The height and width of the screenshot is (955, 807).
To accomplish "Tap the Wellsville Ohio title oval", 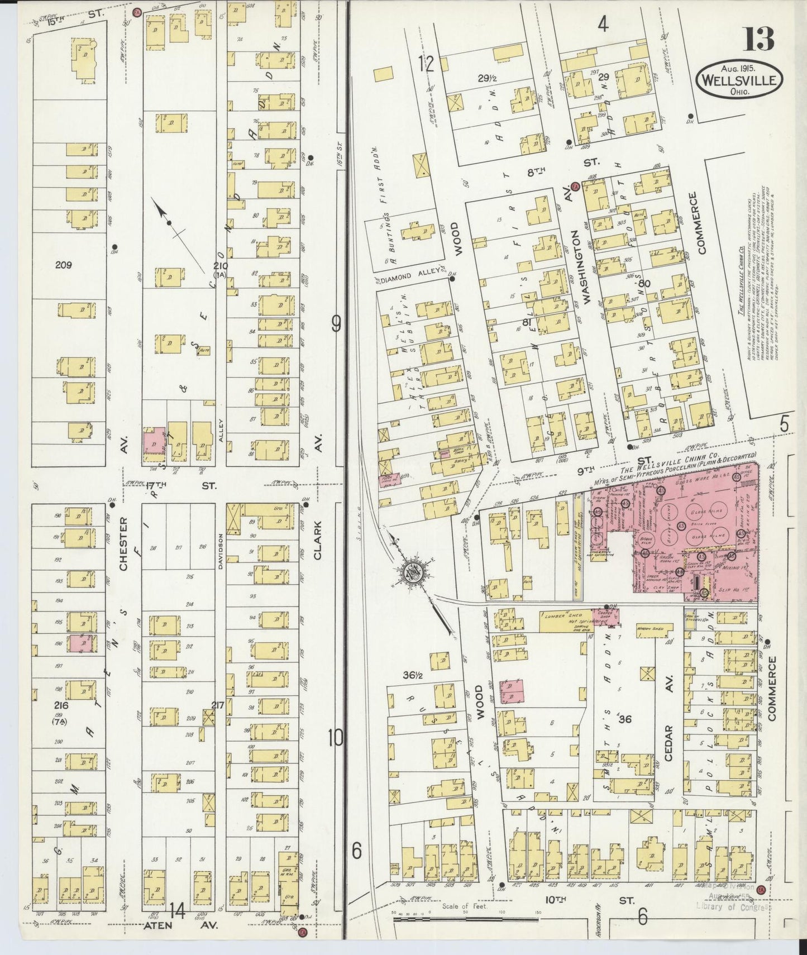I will (x=739, y=79).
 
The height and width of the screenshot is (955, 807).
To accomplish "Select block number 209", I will (x=63, y=265).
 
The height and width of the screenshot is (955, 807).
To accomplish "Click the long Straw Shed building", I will (x=578, y=535).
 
